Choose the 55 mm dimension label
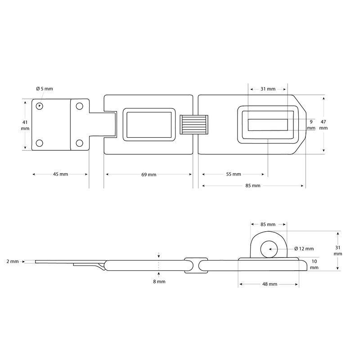[x=233, y=174]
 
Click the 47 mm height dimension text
[x=324, y=125]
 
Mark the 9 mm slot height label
[x=310, y=125]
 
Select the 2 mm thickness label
[x=13, y=261]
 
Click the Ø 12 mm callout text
[x=304, y=248]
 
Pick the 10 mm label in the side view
[x=314, y=264]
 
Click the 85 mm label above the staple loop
[x=268, y=224]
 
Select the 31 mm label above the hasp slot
[x=268, y=89]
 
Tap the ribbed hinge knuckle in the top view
[x=193, y=125]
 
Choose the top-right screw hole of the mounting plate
[x=80, y=106]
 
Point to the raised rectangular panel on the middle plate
[x=148, y=125]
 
